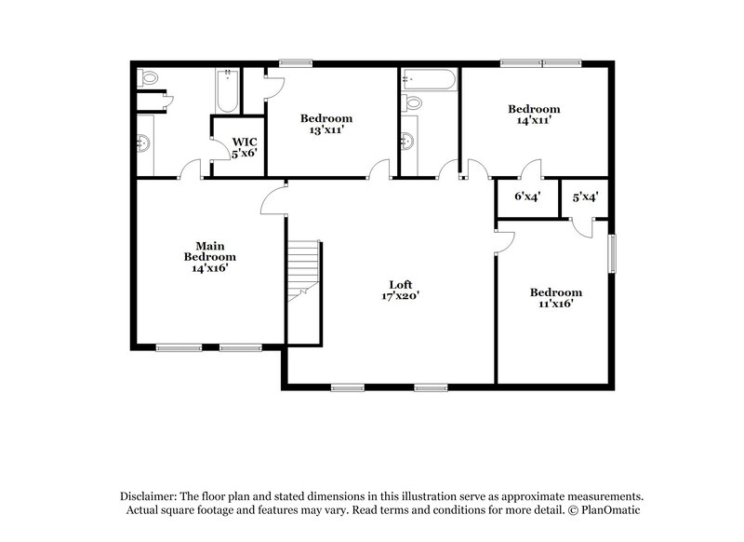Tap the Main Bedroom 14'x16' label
[x=209, y=256]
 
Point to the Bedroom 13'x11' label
[x=325, y=124]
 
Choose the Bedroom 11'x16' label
[x=556, y=297]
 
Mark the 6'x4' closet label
[x=528, y=197]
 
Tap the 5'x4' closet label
[x=584, y=197]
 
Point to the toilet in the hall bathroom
[x=412, y=102]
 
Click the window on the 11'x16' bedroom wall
[x=612, y=253]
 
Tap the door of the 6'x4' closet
[x=530, y=170]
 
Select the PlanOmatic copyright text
[x=604, y=510]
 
